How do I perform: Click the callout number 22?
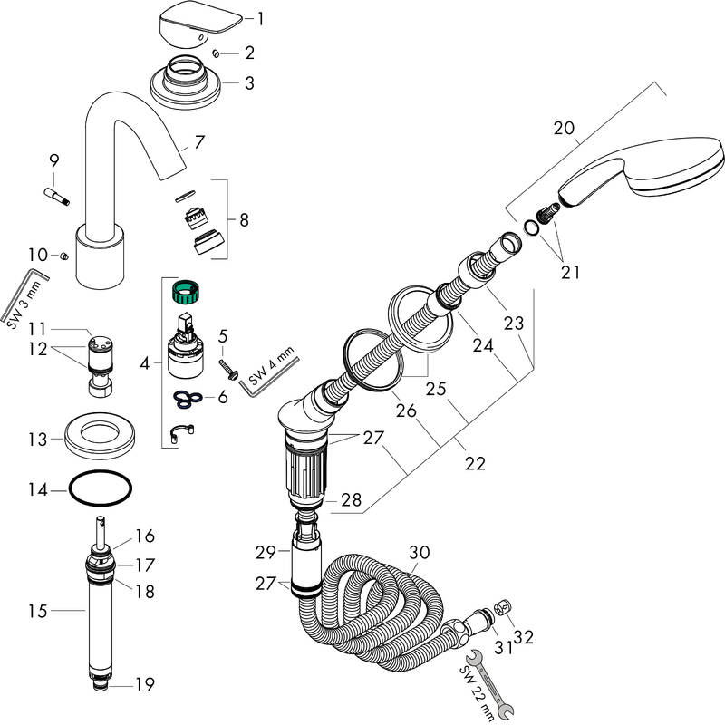[x=475, y=463]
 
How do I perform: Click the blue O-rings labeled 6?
[x=187, y=397]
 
